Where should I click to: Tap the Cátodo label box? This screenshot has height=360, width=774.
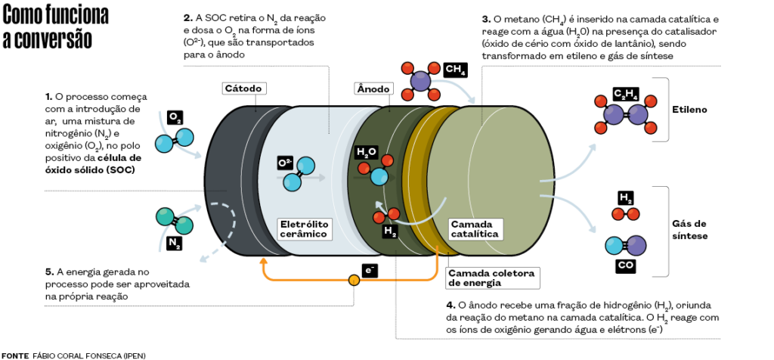[x=243, y=88]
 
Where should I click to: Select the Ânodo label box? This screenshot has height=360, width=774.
[x=373, y=88]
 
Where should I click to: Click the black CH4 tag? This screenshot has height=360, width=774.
[x=456, y=70]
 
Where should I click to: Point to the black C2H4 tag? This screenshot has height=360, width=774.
[x=626, y=95]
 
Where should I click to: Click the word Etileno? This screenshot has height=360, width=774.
[x=689, y=110]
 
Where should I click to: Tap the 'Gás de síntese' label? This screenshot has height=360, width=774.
[x=689, y=229]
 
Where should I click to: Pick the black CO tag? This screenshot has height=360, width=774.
[x=626, y=267]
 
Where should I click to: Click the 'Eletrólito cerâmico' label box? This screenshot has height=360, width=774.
[x=305, y=229]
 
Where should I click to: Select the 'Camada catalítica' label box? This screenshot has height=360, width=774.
[x=474, y=229]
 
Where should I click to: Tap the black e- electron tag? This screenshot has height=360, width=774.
[x=370, y=269]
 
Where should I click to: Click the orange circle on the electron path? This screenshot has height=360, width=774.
[x=353, y=281]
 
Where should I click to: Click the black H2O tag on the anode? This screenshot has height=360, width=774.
[x=367, y=152]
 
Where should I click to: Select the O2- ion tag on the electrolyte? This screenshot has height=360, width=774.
[x=285, y=163]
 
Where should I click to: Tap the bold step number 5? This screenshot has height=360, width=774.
[x=48, y=272]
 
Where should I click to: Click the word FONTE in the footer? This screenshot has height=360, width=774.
[x=15, y=355]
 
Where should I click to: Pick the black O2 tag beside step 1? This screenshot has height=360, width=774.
[x=175, y=117]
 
